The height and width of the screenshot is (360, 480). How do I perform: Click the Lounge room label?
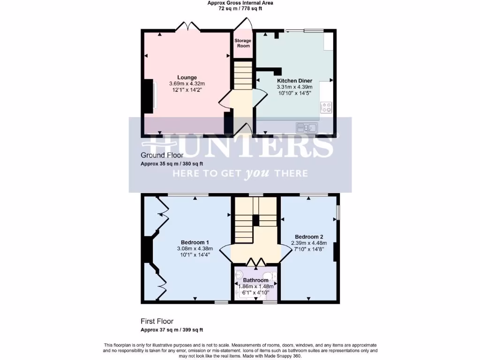(187, 77)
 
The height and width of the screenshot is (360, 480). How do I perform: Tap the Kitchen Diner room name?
(294, 81)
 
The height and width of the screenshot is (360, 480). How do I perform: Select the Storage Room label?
(243, 43)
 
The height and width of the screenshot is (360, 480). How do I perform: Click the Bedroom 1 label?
(195, 242)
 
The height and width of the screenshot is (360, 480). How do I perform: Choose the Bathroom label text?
(255, 280)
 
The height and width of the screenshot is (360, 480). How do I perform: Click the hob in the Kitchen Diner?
(326, 107)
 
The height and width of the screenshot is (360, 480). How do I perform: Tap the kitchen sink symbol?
(307, 127)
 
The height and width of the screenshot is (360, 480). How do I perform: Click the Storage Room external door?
(245, 24)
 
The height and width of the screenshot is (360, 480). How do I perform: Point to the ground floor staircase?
(243, 77)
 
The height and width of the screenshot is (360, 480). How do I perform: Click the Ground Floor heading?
(159, 155)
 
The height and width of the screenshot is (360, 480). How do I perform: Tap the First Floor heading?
(157, 322)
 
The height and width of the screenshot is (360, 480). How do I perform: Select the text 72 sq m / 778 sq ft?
(240, 8)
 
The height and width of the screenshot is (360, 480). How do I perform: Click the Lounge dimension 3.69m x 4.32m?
(187, 84)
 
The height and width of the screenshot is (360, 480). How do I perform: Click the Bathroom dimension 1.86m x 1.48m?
(255, 286)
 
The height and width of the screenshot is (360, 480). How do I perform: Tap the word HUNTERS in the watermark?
(240, 146)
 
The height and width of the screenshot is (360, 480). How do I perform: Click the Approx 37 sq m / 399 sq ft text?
(172, 330)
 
